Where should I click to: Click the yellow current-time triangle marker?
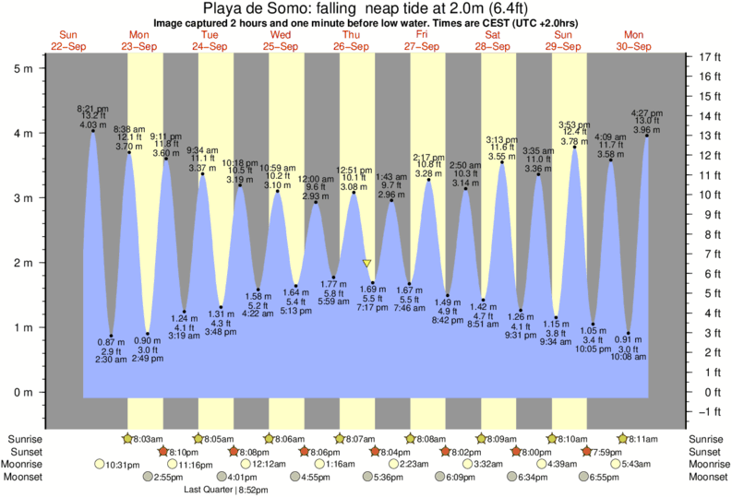367,264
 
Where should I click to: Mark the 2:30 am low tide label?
111,360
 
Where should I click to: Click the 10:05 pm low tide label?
593,349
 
